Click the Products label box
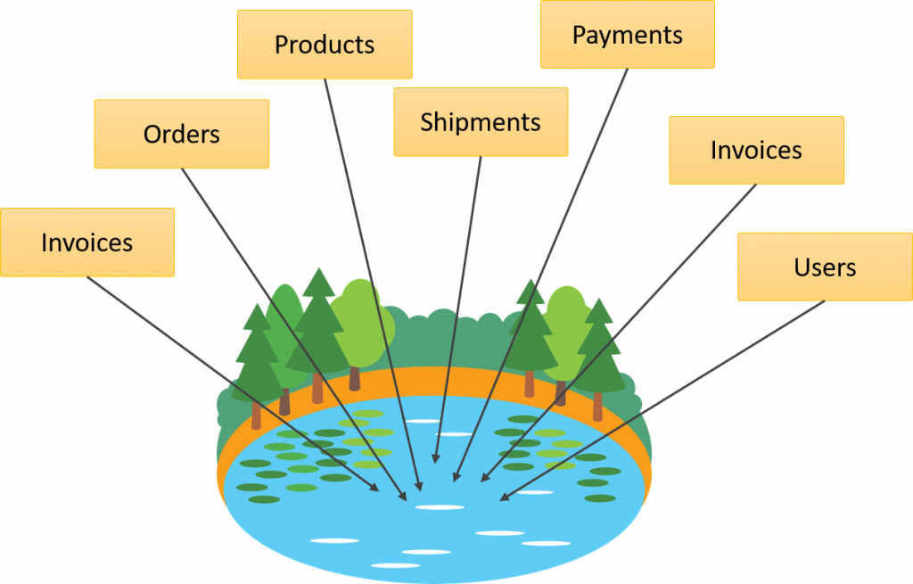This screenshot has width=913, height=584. (x=324, y=45)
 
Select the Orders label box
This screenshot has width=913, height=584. (x=181, y=134)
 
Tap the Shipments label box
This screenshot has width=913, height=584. (x=481, y=122)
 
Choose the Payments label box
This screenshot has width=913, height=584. (x=627, y=35)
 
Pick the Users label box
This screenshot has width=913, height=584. (x=825, y=267)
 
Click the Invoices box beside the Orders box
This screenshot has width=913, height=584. (x=86, y=242)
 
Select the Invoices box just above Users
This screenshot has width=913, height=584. (x=756, y=150)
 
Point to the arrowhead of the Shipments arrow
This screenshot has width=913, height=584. (x=436, y=458)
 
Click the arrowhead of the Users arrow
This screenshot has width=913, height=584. (x=504, y=497)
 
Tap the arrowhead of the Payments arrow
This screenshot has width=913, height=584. (x=456, y=477)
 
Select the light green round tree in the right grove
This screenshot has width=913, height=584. (x=568, y=321)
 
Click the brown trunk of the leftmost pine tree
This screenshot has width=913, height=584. (x=257, y=414)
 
